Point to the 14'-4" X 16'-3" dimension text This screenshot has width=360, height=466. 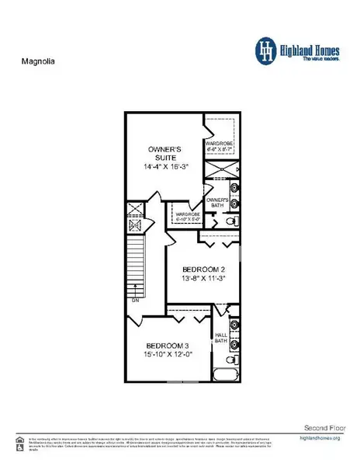164,166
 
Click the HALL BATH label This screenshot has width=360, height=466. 220,338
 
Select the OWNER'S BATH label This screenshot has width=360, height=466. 218,203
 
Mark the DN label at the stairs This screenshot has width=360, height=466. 135,299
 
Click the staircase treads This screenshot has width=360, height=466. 137,264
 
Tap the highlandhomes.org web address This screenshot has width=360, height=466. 320,439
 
